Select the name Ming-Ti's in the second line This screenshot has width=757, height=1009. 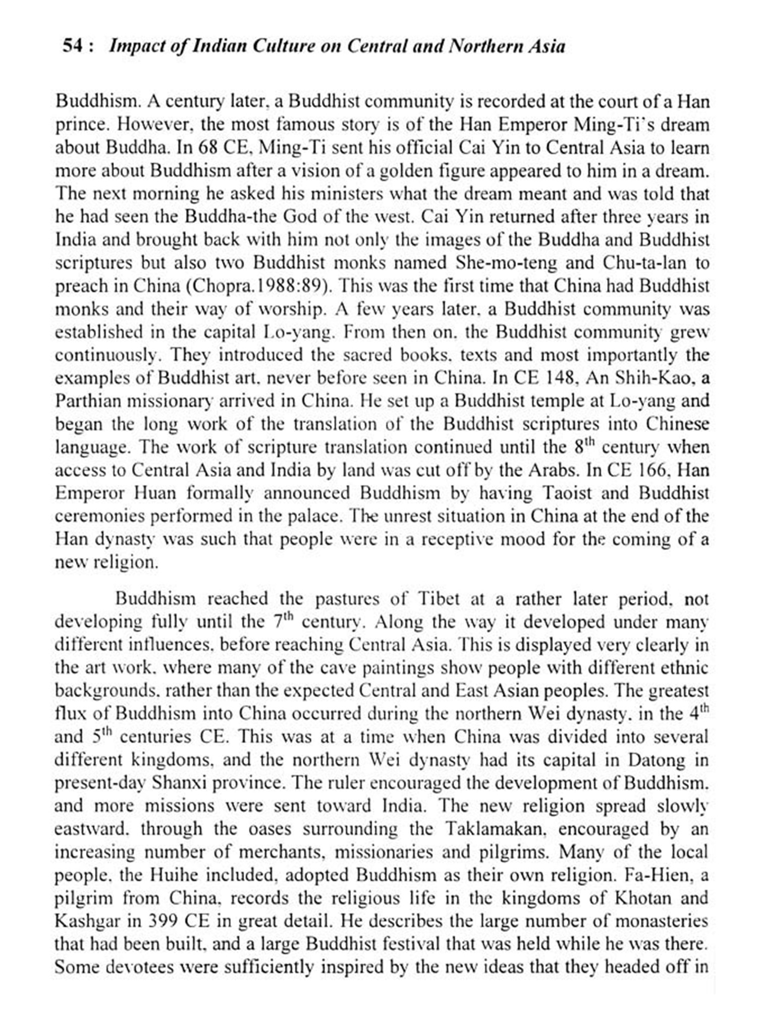point(629,125)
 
